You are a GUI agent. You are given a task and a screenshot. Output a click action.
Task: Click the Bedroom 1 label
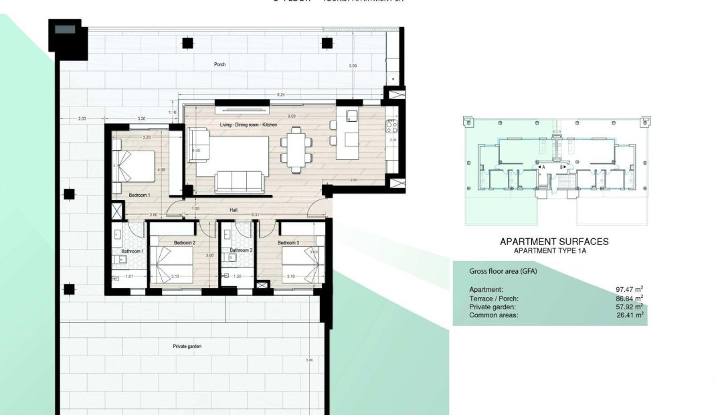(x=139, y=195)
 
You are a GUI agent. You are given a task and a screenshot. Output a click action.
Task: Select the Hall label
(x=234, y=210)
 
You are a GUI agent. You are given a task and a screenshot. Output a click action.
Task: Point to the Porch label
(x=219, y=65)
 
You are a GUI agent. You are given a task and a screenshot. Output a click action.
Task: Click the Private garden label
(x=187, y=347)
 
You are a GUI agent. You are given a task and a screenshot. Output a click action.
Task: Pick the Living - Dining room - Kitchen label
(x=248, y=125)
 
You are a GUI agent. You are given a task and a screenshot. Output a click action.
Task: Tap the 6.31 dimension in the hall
(x=254, y=215)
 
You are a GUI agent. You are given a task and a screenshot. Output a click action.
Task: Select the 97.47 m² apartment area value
(x=628, y=288)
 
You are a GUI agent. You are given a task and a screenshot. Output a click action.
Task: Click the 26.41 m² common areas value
(x=628, y=314)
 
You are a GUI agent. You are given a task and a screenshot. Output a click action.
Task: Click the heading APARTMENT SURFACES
(x=554, y=242)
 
